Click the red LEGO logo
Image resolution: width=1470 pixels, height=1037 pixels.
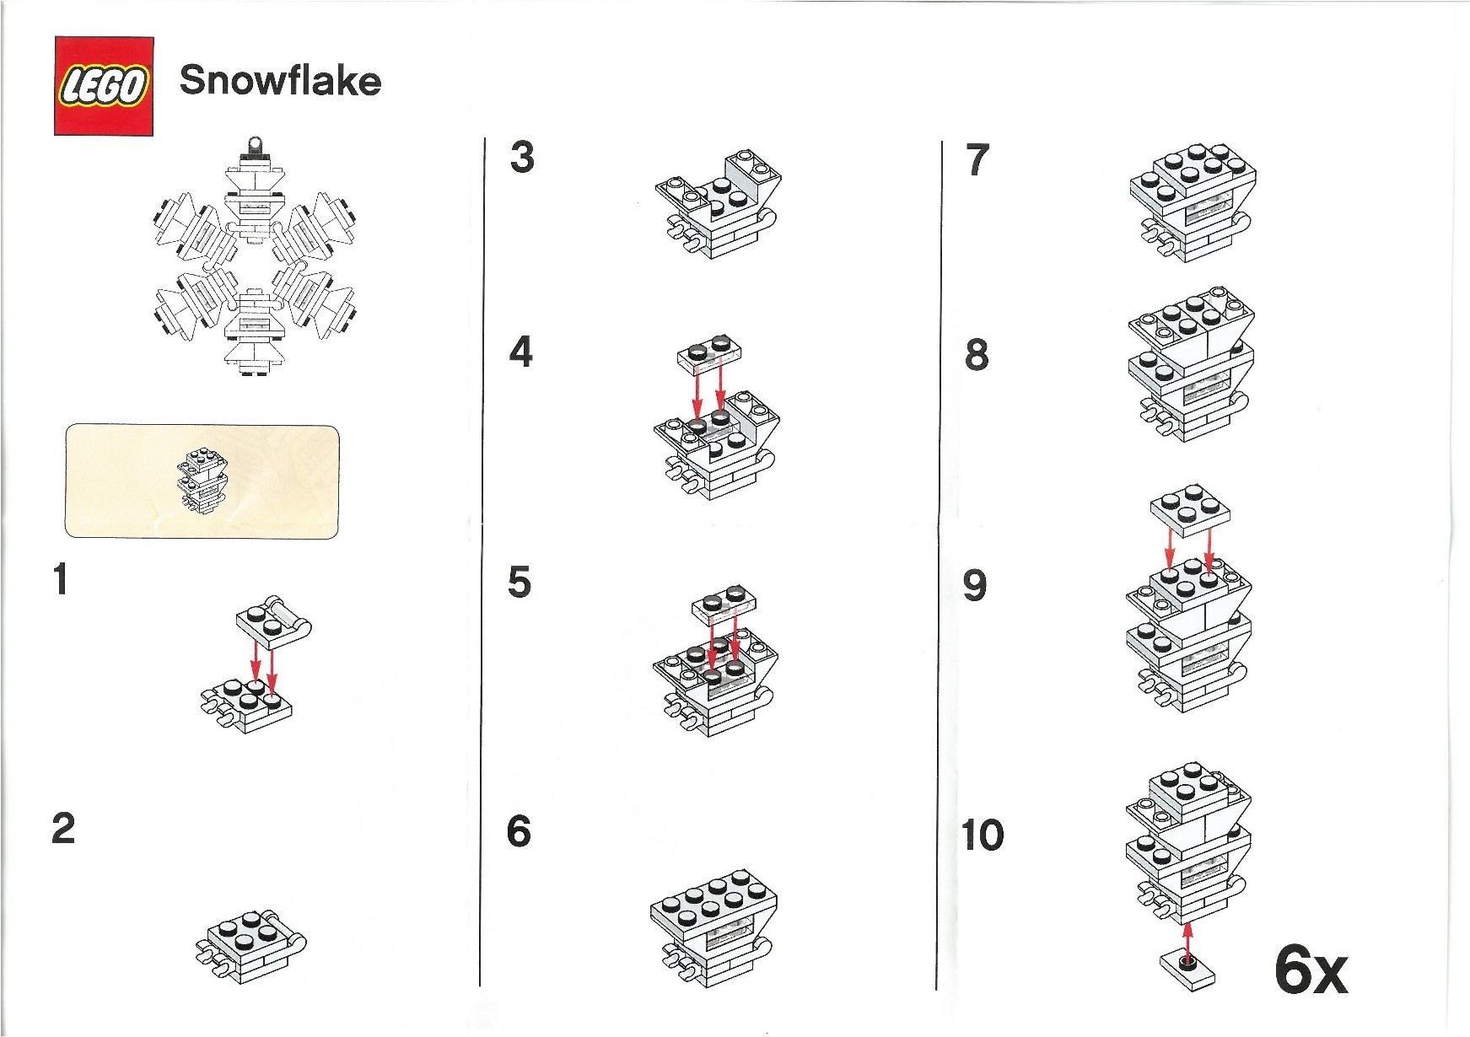[104, 86]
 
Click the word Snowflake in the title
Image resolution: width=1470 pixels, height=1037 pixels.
[280, 81]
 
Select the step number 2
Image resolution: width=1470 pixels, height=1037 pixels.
[63, 828]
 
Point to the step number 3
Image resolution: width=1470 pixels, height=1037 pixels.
[522, 158]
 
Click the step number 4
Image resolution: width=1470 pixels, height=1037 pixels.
[521, 352]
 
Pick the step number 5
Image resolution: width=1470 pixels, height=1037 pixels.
[520, 583]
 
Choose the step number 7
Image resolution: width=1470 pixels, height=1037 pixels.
[977, 160]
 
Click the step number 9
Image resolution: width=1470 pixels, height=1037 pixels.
[975, 585]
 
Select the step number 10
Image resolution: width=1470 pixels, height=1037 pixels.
[983, 836]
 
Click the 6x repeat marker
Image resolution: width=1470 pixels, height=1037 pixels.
[1311, 971]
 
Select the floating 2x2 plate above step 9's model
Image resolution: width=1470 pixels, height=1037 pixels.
[1189, 510]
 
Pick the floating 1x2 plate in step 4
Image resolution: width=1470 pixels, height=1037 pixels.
[709, 354]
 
